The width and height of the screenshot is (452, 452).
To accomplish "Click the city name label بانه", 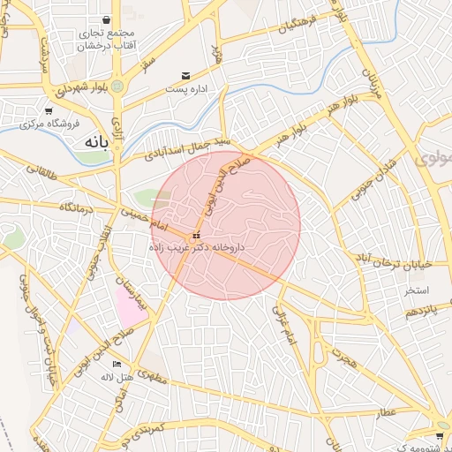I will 96,141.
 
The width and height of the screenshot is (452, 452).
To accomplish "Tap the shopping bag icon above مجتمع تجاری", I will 107,19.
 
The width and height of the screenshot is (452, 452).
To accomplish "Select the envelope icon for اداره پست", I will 185,76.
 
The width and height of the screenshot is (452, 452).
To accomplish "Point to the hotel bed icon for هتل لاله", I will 118,364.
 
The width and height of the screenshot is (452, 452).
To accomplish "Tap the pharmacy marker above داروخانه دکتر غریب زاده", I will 196,235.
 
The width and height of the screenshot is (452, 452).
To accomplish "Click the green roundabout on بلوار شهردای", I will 117,86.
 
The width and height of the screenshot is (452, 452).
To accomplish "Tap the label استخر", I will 417,290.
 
